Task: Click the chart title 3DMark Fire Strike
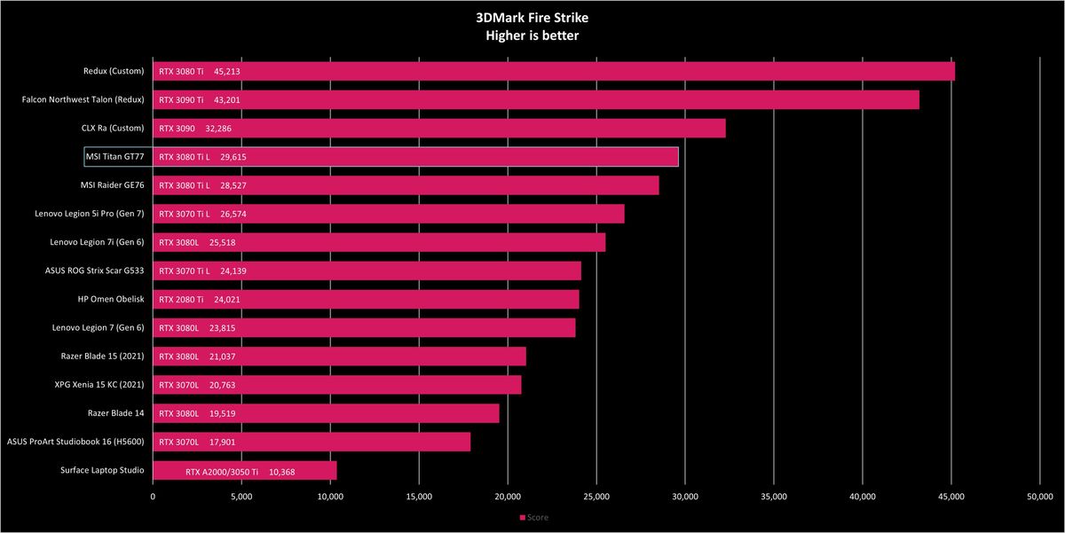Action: pos(532,18)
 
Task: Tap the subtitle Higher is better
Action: pos(532,35)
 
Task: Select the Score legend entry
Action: pos(534,517)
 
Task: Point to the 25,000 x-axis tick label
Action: pos(596,497)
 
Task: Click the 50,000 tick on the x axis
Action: pos(1040,497)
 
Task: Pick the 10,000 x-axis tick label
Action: pos(330,497)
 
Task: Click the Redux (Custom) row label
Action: pos(114,71)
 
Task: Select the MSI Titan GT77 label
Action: pos(115,157)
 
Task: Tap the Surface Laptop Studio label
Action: pos(102,470)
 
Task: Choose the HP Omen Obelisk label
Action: pos(111,299)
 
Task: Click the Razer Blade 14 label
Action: pos(115,413)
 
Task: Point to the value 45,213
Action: pos(227,72)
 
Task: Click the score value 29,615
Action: pos(233,157)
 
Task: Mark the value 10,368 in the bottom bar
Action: pos(282,472)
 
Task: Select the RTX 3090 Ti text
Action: pos(181,100)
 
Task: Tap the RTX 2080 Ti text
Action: pos(181,300)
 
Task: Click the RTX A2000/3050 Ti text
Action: pos(222,472)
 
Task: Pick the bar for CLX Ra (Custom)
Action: pos(439,129)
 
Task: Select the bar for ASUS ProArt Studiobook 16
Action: pos(312,442)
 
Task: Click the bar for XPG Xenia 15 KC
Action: pos(337,385)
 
